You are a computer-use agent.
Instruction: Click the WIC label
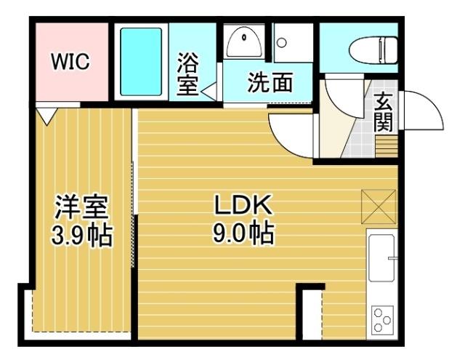click(70, 62)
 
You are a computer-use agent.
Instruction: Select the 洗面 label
click(270, 83)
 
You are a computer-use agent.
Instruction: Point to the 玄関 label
click(384, 112)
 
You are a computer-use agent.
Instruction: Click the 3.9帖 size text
click(81, 236)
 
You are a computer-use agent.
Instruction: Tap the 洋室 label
click(81, 209)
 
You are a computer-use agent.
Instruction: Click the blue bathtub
click(142, 63)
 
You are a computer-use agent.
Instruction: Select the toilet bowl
click(371, 51)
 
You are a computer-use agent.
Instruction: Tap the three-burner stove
click(382, 319)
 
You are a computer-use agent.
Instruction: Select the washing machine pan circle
click(281, 41)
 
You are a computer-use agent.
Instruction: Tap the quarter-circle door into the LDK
click(289, 133)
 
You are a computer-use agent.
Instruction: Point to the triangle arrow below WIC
click(47, 114)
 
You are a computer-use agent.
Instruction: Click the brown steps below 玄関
click(387, 146)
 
